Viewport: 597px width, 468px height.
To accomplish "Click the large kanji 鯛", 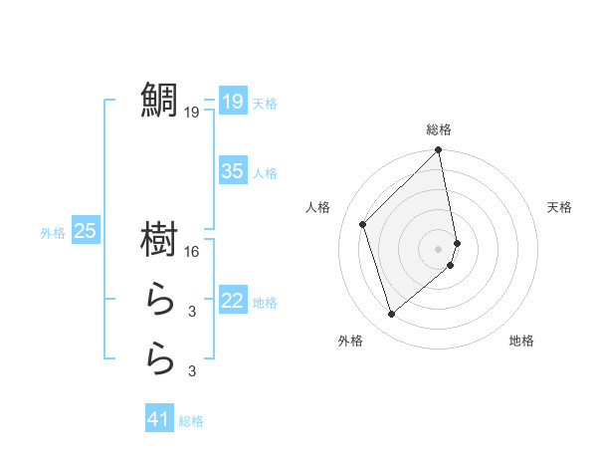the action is (x=160, y=100).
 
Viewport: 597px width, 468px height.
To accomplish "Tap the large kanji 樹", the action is (x=160, y=239).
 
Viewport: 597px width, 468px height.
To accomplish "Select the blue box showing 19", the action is (x=232, y=101).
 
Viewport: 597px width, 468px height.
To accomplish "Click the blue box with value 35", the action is (x=232, y=171).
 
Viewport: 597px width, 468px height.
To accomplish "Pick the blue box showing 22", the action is (x=232, y=301).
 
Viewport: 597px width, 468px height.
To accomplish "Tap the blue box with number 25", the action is (x=85, y=231).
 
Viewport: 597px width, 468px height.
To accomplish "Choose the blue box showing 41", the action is (x=159, y=419).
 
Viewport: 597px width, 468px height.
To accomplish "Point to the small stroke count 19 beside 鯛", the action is (x=191, y=113).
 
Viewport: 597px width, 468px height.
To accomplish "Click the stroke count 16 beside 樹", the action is (x=192, y=252).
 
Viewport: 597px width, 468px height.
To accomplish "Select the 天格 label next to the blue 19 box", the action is (x=265, y=104).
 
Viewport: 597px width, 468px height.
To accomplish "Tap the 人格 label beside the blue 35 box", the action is (x=265, y=173).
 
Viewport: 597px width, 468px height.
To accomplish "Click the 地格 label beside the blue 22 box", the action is (x=265, y=303).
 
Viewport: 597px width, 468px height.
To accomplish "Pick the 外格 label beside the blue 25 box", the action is (x=52, y=233).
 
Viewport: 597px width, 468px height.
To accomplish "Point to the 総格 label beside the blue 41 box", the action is (x=191, y=421).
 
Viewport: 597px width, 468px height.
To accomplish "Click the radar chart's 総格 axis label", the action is (x=439, y=129).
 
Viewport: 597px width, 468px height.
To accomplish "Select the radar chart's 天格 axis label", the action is (x=559, y=207).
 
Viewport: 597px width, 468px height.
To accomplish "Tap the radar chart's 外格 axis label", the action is (x=350, y=341).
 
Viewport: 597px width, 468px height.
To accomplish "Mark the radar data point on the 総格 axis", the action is (x=438, y=151).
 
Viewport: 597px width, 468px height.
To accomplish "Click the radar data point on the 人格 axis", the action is (x=363, y=224).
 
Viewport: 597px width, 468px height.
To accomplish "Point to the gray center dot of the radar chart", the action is (x=438, y=248).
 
